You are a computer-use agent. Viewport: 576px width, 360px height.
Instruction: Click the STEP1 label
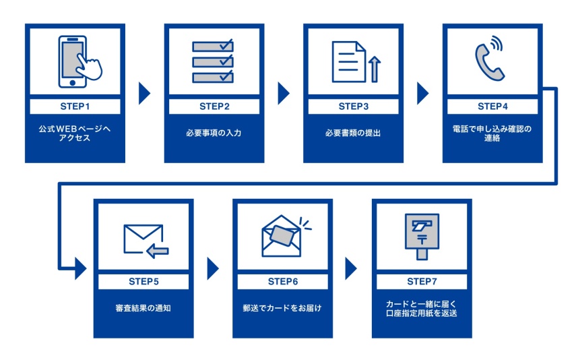click(x=75, y=107)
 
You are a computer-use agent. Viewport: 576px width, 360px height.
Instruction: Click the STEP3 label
click(x=353, y=107)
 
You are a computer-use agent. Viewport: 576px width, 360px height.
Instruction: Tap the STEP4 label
click(x=492, y=107)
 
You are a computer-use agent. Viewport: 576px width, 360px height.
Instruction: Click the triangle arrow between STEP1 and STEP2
click(x=143, y=94)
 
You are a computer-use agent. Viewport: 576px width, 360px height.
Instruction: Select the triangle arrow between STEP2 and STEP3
click(x=283, y=94)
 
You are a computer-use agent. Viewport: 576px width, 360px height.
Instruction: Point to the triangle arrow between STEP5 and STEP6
click(x=213, y=268)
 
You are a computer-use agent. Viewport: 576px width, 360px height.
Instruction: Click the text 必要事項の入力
click(x=214, y=133)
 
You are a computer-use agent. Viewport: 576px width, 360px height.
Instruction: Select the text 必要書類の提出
click(x=353, y=133)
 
